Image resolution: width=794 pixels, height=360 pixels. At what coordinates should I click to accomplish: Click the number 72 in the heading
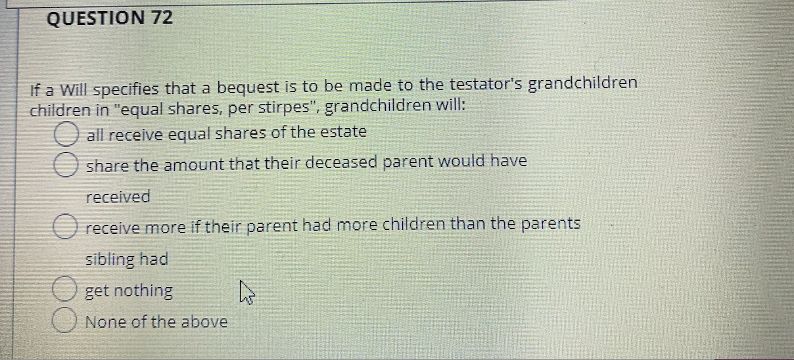click(162, 18)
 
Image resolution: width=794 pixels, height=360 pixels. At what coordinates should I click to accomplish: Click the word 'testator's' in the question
click(487, 85)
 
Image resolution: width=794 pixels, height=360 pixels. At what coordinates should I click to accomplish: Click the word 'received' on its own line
click(118, 196)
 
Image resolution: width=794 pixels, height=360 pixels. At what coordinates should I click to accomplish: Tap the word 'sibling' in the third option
click(110, 259)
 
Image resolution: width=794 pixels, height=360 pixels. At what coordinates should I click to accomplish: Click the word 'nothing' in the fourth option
click(144, 290)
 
